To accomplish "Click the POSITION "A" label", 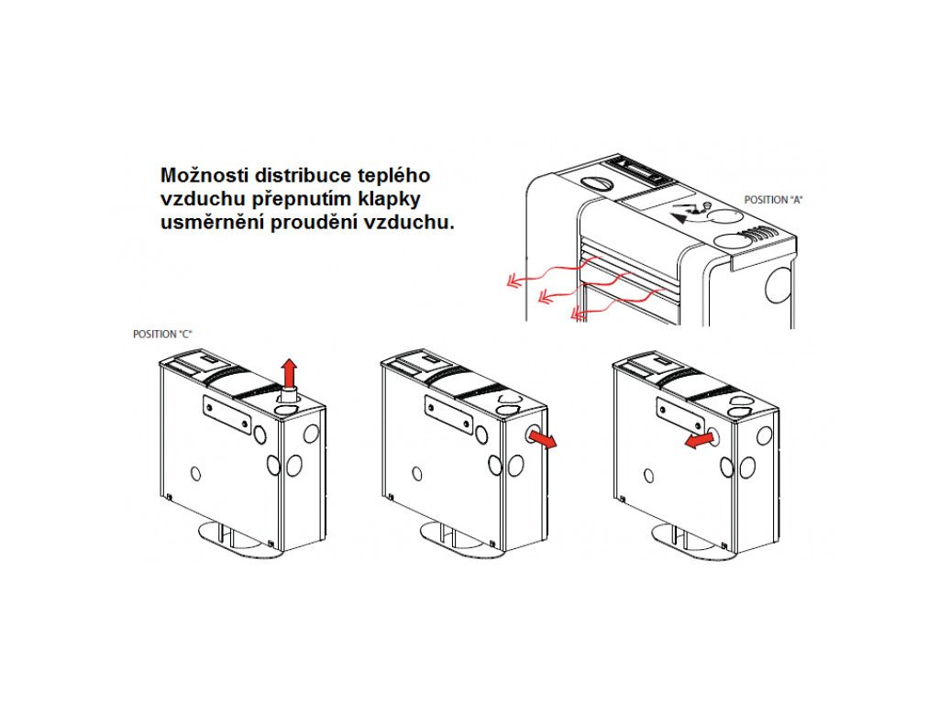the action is click(772, 200).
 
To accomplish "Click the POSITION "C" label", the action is click(162, 334).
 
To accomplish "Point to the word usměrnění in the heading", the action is click(213, 222).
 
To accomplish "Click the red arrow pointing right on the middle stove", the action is click(543, 440).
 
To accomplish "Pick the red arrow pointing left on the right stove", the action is click(699, 441).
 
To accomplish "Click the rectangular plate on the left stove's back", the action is click(227, 414).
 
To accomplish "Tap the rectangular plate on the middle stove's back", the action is click(448, 414).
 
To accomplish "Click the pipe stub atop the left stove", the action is click(289, 397).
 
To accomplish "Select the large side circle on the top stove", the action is click(779, 285).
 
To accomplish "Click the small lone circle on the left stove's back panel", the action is click(196, 474).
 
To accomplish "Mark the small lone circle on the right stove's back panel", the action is click(649, 476).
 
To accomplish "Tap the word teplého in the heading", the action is click(393, 175).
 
